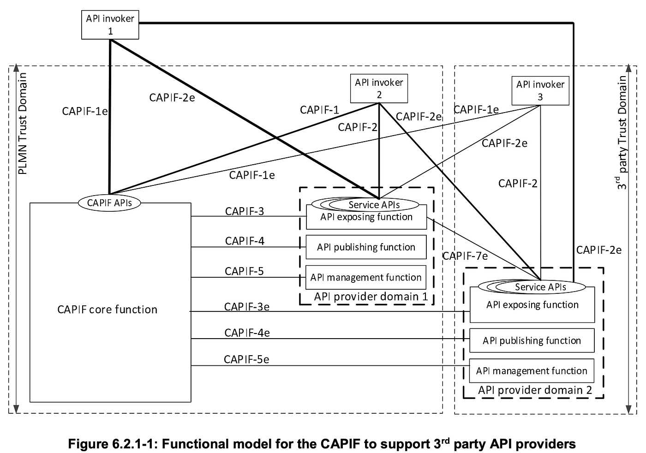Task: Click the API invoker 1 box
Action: click(110, 25)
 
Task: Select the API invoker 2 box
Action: click(379, 89)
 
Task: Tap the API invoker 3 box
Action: click(540, 90)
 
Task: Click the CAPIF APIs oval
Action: click(109, 203)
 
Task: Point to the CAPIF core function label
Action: click(107, 310)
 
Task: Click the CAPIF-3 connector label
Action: click(245, 211)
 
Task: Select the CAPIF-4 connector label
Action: click(245, 241)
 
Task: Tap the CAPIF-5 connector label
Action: click(244, 271)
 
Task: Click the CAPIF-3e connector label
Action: click(246, 307)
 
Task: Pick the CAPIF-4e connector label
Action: click(247, 333)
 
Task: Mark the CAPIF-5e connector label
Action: click(246, 359)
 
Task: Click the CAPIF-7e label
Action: click(465, 256)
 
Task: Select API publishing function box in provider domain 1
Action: click(366, 247)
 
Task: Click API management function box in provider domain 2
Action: click(532, 371)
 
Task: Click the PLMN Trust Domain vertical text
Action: click(22, 124)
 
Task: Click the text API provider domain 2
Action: click(534, 390)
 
